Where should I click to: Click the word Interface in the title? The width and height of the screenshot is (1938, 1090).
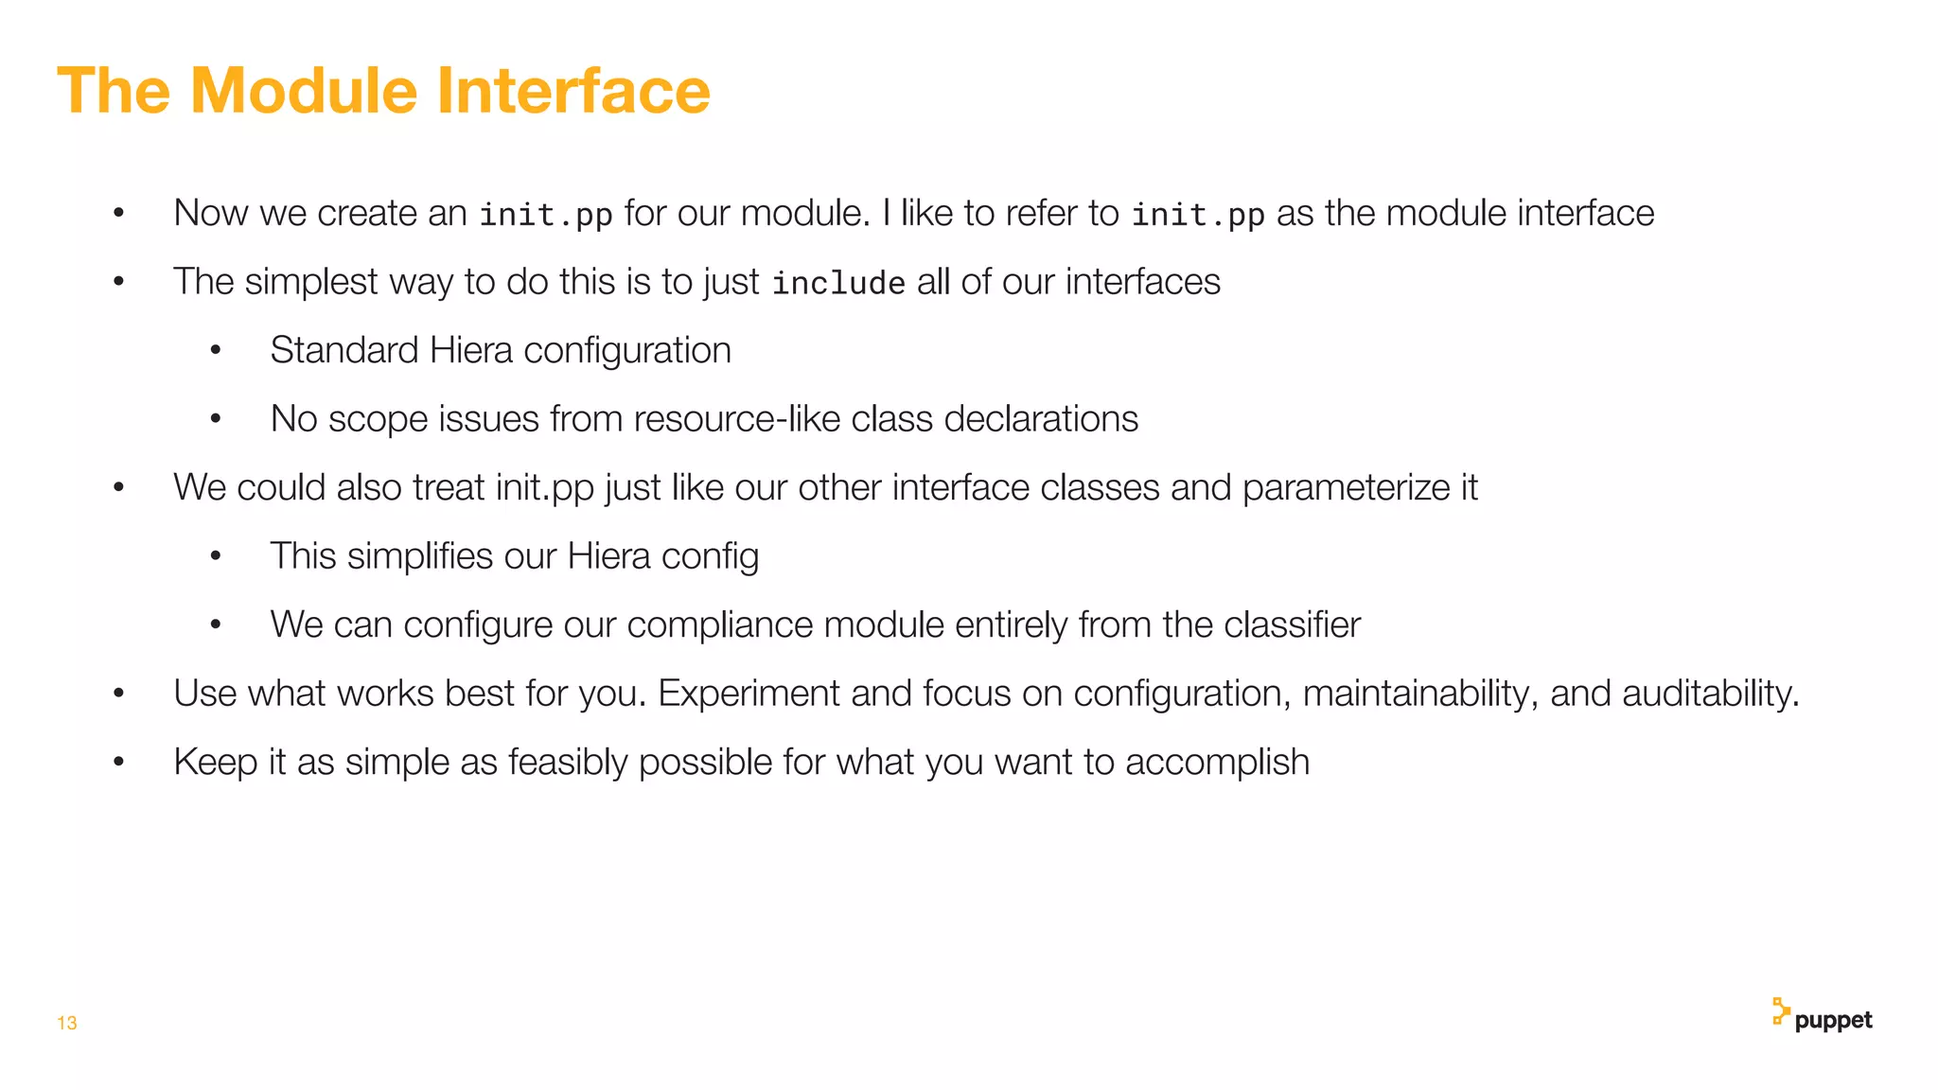tap(573, 91)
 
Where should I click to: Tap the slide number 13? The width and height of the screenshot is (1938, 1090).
tap(66, 1023)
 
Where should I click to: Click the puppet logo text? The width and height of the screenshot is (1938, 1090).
tap(1833, 1020)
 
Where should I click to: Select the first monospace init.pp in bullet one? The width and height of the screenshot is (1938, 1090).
tap(546, 215)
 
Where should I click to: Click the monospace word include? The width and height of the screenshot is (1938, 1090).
tap(838, 283)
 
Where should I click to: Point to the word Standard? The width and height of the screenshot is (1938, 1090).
tap(344, 350)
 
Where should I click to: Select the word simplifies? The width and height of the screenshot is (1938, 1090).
tap(419, 556)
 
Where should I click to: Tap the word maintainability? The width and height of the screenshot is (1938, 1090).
tap(1419, 694)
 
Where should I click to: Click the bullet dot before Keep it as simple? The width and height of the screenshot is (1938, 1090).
tap(118, 763)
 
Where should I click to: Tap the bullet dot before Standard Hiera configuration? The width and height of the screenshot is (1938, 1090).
tap(216, 351)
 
